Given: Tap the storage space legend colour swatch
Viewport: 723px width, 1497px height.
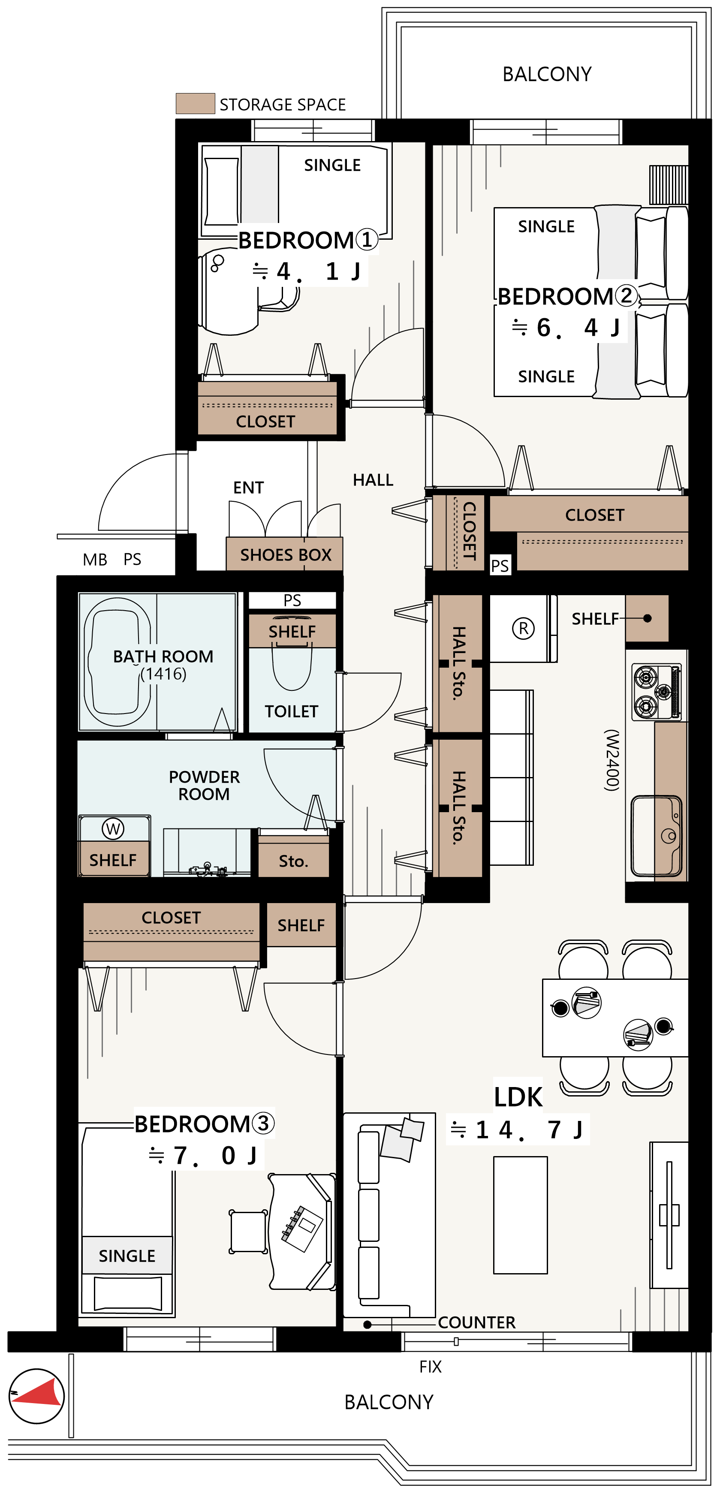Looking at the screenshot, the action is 195,103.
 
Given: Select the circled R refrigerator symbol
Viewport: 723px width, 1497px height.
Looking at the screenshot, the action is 523,628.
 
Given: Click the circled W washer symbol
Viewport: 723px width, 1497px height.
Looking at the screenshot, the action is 113,829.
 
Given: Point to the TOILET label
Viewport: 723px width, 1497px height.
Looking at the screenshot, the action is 291,711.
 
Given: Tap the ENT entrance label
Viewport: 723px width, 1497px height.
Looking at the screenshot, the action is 248,488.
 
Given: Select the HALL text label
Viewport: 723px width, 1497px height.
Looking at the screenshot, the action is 373,480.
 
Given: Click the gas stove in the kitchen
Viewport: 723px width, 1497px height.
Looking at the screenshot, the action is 656,692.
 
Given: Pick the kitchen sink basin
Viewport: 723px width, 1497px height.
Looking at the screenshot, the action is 656,836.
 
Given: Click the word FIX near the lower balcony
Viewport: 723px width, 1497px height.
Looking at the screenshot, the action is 430,1366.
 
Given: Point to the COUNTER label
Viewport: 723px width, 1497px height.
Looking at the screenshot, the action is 476,1322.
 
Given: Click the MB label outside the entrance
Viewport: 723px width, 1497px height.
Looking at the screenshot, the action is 95,560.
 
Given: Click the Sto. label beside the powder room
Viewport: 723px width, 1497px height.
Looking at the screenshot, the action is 293,861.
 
